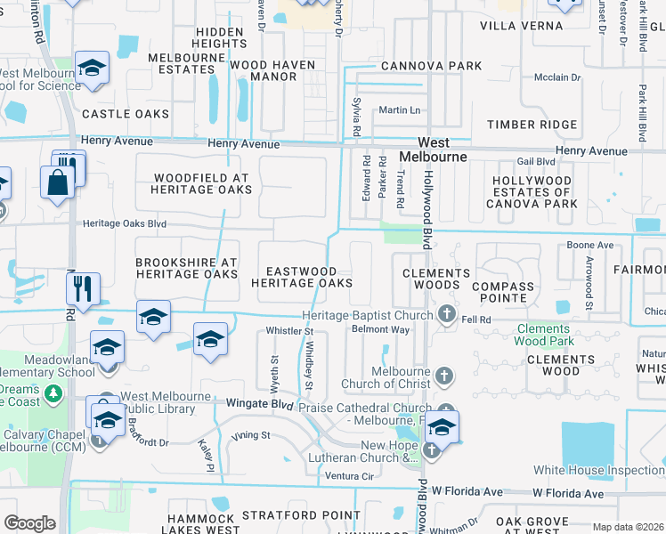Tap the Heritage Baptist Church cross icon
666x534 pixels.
click(447, 314)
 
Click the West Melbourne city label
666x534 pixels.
click(434, 150)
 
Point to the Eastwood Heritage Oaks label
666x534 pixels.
click(302, 277)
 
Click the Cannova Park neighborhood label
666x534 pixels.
click(431, 66)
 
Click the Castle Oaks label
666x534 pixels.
click(126, 114)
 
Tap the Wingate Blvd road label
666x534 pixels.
click(257, 404)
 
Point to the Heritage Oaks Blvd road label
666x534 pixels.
click(125, 224)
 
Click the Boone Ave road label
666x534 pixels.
click(590, 245)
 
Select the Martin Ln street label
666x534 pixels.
click(398, 110)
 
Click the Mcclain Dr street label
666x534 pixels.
click(557, 77)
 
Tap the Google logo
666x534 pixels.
click(29, 523)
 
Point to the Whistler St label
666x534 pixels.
click(291, 331)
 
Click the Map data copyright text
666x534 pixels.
click(629, 527)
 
